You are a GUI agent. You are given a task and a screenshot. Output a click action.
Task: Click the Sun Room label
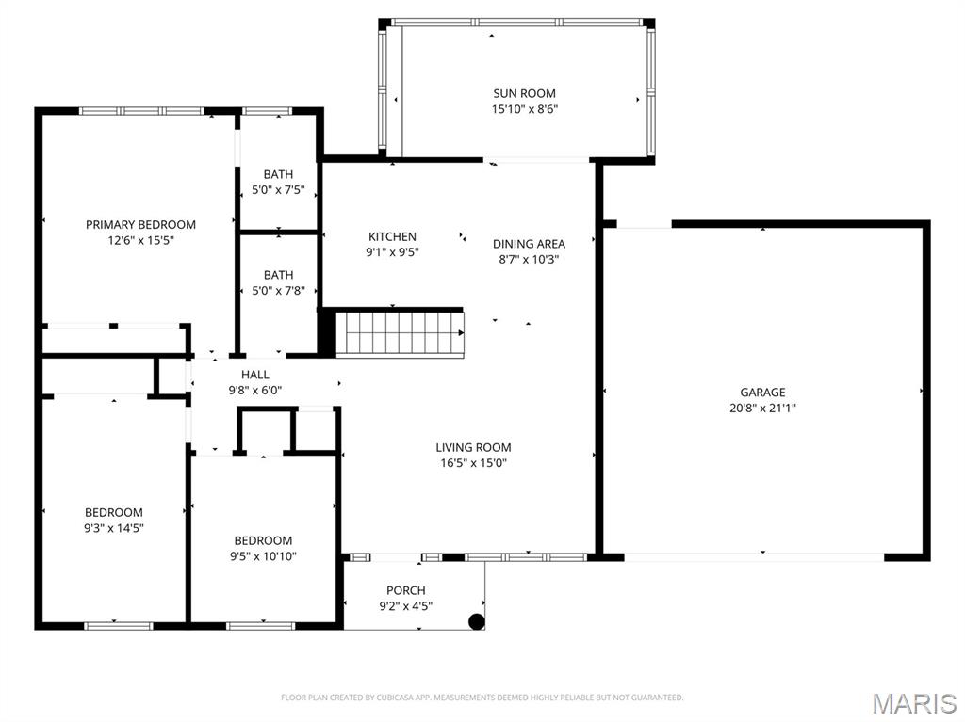(524, 93)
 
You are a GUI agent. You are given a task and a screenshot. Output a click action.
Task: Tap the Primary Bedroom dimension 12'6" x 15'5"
(140, 240)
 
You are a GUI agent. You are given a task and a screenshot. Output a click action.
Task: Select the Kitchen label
(392, 236)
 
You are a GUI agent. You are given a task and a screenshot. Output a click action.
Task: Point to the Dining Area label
(529, 244)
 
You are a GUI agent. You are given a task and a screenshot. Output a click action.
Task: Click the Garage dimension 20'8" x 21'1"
(762, 408)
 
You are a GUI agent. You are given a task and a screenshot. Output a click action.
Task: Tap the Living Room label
(473, 447)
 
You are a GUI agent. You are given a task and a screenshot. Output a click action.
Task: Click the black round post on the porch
(477, 621)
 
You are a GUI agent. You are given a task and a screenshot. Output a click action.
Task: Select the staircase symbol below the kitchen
(400, 333)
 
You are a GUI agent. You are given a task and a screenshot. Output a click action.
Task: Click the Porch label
(405, 590)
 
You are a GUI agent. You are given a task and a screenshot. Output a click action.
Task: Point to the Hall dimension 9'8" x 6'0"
(254, 390)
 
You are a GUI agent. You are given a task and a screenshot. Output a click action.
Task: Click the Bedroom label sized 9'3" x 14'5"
(113, 512)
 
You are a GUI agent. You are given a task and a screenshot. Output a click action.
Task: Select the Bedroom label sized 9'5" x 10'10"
(263, 540)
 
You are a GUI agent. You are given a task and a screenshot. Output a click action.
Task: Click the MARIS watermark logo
(913, 703)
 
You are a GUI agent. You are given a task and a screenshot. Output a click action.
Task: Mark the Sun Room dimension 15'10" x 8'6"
(524, 109)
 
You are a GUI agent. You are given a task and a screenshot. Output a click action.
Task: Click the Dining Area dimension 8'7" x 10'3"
(529, 259)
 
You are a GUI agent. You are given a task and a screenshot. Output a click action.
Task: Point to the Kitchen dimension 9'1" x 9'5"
(392, 251)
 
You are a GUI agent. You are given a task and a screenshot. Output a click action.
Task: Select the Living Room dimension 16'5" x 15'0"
(473, 462)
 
